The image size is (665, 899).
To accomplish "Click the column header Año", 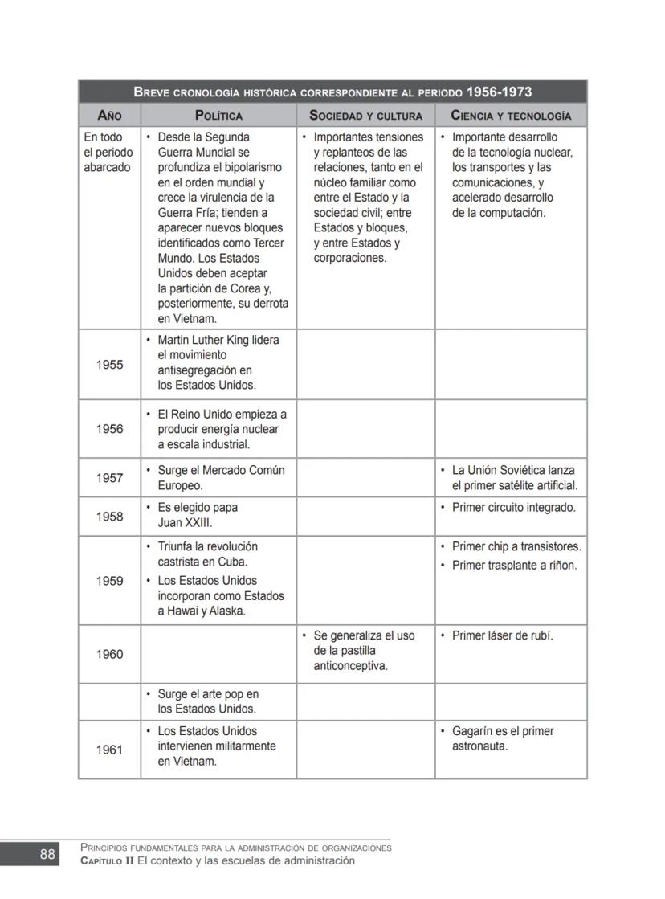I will click(109, 116).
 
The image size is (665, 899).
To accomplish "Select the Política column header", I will click(218, 116).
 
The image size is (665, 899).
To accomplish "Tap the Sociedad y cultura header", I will click(365, 116).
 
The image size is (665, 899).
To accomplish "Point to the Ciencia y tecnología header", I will click(511, 116).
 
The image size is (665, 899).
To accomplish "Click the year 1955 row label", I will click(109, 365).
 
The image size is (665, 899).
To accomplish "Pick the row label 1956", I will click(109, 429).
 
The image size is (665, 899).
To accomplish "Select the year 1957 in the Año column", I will click(109, 478).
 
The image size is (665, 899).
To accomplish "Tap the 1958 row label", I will click(109, 517).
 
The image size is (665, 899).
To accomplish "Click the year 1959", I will click(109, 581).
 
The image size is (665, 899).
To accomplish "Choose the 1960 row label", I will click(109, 654).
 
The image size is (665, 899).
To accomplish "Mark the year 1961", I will click(109, 750).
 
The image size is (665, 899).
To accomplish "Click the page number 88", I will click(47, 854).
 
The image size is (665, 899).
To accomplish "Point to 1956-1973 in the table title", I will click(499, 92).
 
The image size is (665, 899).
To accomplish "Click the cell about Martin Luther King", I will click(218, 363).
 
